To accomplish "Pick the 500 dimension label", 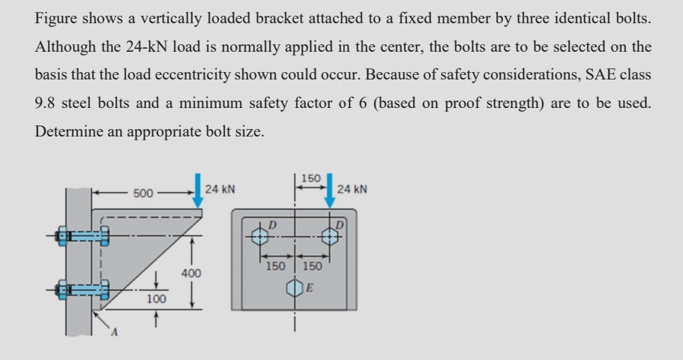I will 143,193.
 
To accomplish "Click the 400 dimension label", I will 191,274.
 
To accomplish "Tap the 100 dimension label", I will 156,299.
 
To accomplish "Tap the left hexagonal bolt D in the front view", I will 259,235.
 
